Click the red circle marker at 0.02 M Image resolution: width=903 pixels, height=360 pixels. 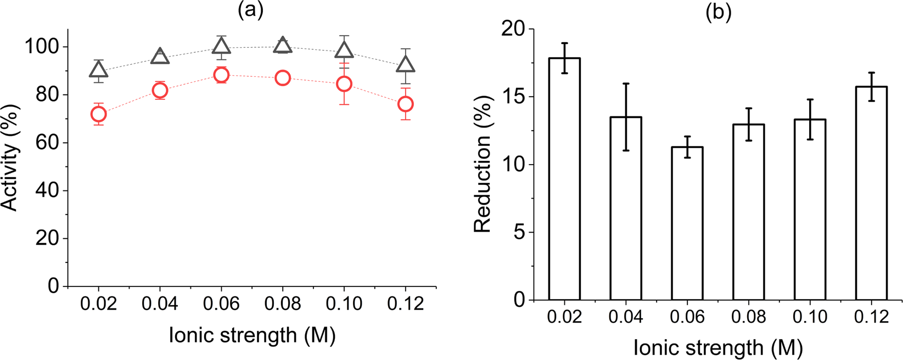[x=98, y=114]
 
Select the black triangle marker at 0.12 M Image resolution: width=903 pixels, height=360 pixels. [x=406, y=65]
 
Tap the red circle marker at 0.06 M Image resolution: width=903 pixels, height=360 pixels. [x=221, y=75]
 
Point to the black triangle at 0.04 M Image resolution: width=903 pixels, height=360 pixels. [x=160, y=56]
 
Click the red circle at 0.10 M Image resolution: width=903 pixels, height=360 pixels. [x=344, y=84]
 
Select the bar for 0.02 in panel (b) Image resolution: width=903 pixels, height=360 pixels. [x=564, y=181]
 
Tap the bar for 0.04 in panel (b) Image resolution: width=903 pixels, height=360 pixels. [x=626, y=209]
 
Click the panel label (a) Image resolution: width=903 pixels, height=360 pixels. [x=250, y=11]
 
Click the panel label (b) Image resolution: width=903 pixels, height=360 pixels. [x=719, y=13]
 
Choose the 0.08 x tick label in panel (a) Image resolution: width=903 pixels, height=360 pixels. [x=283, y=304]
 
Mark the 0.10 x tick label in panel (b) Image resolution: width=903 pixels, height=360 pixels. [x=810, y=318]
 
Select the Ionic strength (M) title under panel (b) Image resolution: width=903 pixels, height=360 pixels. [x=719, y=348]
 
